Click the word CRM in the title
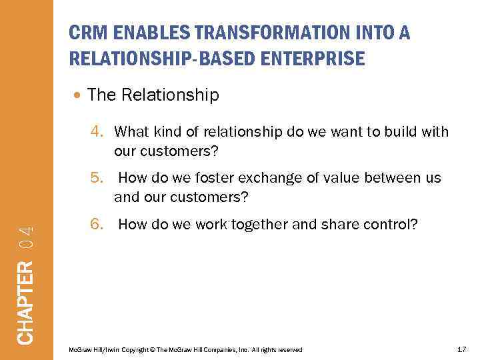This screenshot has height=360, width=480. tap(85, 33)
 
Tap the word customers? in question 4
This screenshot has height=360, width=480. tap(166, 151)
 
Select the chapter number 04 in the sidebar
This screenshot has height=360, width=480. tap(25, 237)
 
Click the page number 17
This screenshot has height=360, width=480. tap(461, 349)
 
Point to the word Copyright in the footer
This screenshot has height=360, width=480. tap(130, 350)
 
